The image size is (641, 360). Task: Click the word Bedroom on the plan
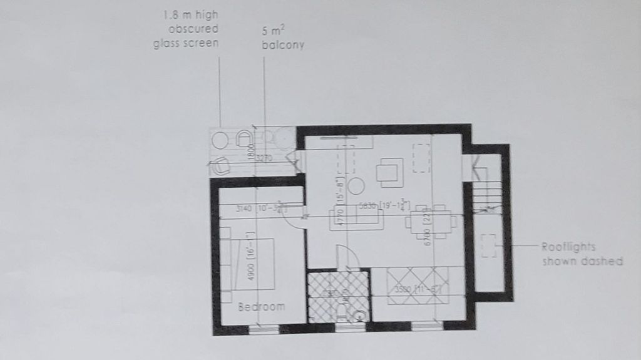pyautogui.click(x=262, y=307)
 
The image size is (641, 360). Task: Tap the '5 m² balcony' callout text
pyautogui.click(x=284, y=38)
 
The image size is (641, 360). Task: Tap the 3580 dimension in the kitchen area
pyautogui.click(x=404, y=290)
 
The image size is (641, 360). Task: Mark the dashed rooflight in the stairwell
pyautogui.click(x=488, y=246)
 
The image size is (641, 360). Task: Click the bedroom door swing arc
pyautogui.click(x=295, y=222)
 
